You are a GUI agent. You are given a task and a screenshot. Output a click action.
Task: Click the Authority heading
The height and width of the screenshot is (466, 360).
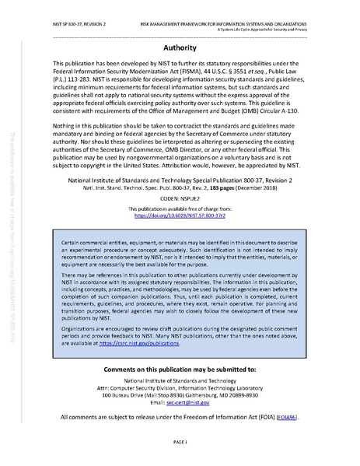180,47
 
